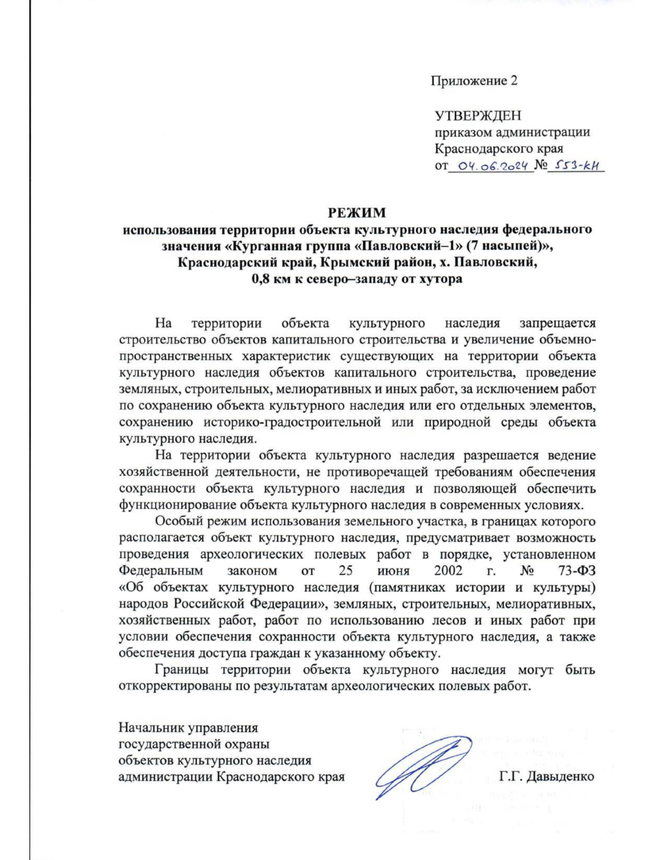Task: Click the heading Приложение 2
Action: point(474,81)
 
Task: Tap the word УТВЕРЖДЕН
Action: point(478,116)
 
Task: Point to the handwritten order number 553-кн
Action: point(576,166)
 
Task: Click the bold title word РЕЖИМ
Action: point(357,213)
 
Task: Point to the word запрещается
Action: point(557,323)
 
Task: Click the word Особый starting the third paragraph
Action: point(178,521)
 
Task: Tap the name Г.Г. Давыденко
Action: point(546,776)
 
